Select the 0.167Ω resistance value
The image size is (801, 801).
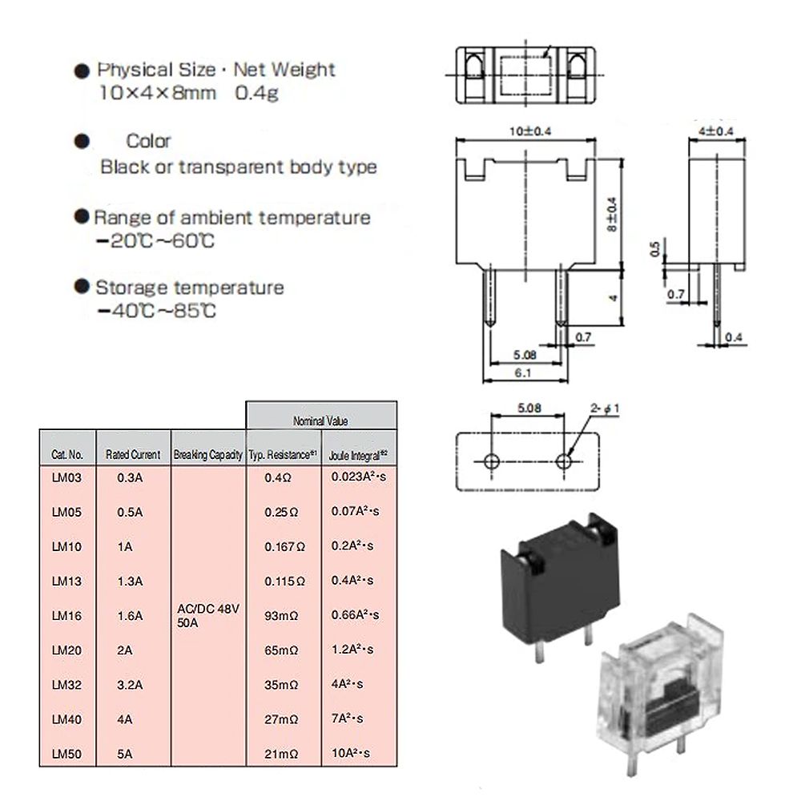coord(284,547)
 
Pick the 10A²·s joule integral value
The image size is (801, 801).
coord(351,752)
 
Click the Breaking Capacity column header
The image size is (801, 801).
coord(207,454)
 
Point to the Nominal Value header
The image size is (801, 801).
coord(320,420)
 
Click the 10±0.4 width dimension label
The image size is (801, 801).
coord(525,131)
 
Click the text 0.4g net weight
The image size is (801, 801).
coord(256,93)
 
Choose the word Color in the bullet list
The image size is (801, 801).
coord(149,141)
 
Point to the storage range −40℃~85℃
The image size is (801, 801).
coord(155,311)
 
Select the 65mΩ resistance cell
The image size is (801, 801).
coord(282,650)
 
